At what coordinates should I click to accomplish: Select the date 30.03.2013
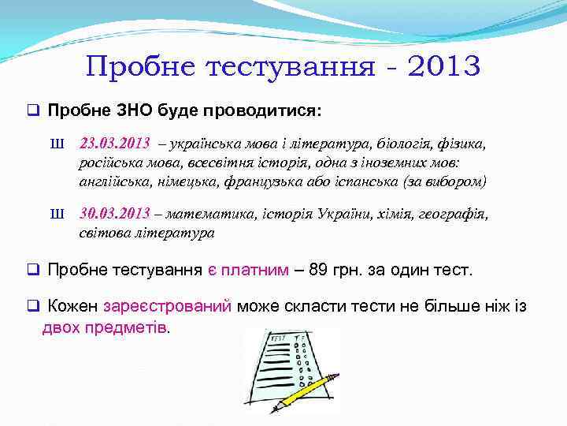[x=114, y=214]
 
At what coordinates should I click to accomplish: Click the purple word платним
[x=254, y=271]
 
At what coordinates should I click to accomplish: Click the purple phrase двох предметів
[x=105, y=327]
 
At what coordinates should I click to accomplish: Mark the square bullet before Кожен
[x=33, y=307]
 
